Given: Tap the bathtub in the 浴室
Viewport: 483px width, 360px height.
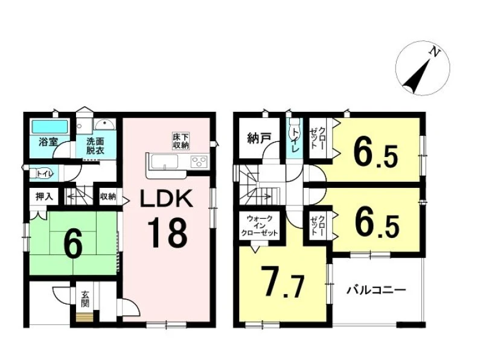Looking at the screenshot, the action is pyautogui.click(x=50, y=127).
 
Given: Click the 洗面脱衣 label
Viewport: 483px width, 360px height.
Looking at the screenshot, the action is pyautogui.click(x=95, y=146).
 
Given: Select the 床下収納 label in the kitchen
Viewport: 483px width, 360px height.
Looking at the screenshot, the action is pyautogui.click(x=181, y=141).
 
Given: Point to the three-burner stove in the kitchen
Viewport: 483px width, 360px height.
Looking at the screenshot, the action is pyautogui.click(x=199, y=161).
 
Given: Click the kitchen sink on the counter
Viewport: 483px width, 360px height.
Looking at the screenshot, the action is pyautogui.click(x=164, y=161).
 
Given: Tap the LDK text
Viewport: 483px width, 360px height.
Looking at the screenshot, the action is pyautogui.click(x=167, y=199).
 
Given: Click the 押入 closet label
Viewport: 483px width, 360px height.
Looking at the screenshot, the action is pyautogui.click(x=44, y=196).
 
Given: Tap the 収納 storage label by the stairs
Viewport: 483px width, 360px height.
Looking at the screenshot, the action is pyautogui.click(x=108, y=196).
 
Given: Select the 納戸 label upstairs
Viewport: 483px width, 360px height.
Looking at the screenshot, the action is pyautogui.click(x=259, y=139).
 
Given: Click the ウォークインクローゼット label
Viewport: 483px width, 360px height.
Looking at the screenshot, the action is pyautogui.click(x=260, y=226).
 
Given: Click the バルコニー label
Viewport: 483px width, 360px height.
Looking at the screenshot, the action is pyautogui.click(x=376, y=290).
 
